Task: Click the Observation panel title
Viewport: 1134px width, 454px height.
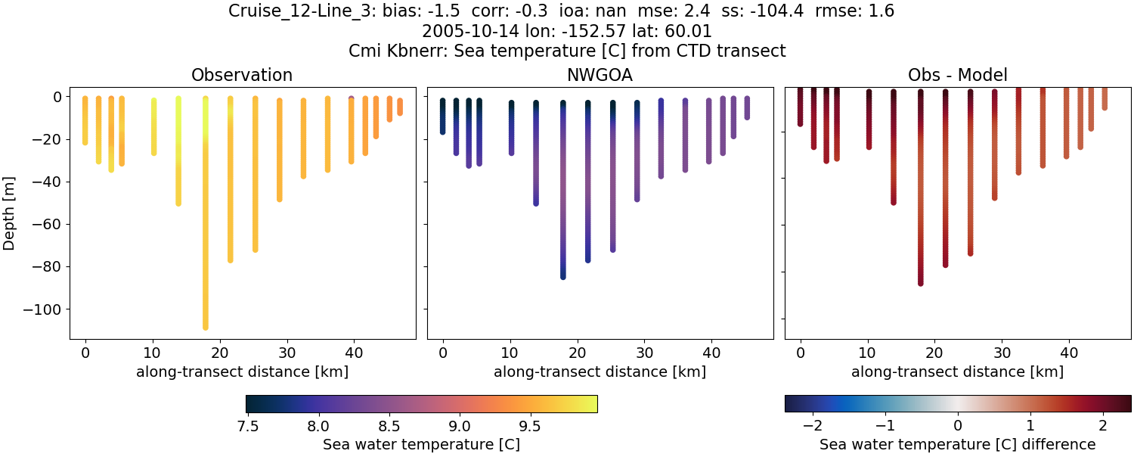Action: coord(242,75)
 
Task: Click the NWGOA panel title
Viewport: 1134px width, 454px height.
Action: coord(600,75)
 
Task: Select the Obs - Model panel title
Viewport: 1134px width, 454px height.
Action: coord(957,75)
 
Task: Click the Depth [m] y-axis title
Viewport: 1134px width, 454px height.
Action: coord(10,213)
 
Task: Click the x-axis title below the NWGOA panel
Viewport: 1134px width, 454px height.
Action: coord(600,372)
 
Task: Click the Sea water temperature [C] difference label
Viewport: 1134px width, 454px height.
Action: coord(957,444)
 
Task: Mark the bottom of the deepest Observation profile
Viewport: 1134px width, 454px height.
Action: coord(206,327)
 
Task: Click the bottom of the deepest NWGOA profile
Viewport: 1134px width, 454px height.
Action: coord(563,277)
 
